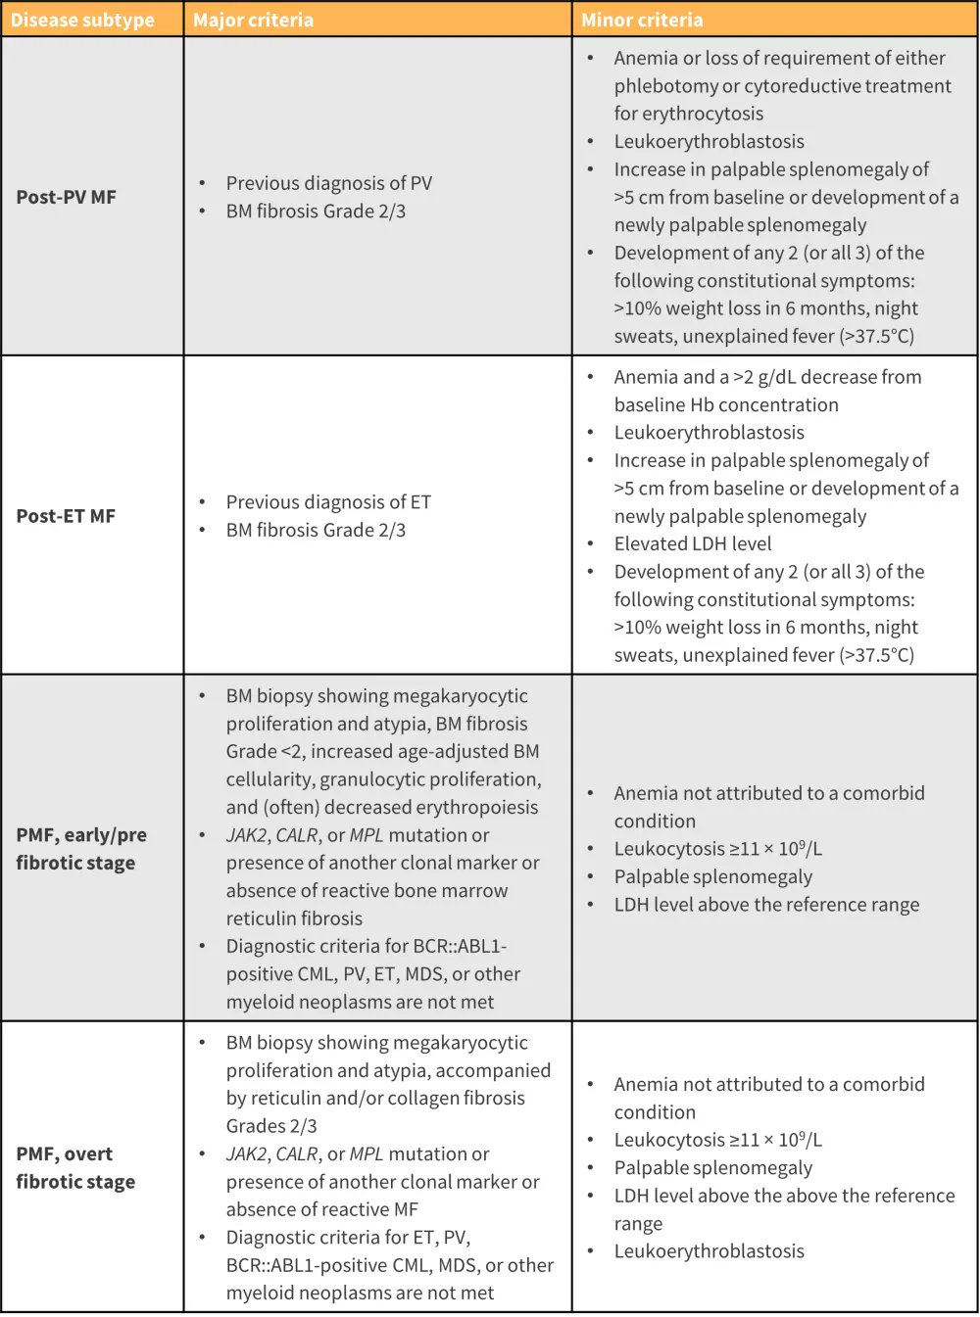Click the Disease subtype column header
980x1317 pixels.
(82, 20)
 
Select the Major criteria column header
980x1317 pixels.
(253, 20)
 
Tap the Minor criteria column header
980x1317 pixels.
(642, 20)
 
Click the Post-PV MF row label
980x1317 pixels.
(66, 197)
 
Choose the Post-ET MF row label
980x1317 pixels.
(66, 516)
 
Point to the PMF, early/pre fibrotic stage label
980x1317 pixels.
(80, 849)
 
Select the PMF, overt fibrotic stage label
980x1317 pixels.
(74, 1167)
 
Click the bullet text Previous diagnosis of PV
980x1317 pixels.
(328, 183)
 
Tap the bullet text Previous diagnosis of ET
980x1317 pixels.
(328, 502)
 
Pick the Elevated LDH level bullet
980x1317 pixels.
(692, 543)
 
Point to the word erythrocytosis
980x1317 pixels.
(701, 114)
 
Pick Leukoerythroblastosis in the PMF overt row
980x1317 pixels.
(709, 1251)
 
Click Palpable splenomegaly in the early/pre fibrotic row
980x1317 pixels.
(712, 876)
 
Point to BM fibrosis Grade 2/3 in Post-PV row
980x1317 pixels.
(316, 211)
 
